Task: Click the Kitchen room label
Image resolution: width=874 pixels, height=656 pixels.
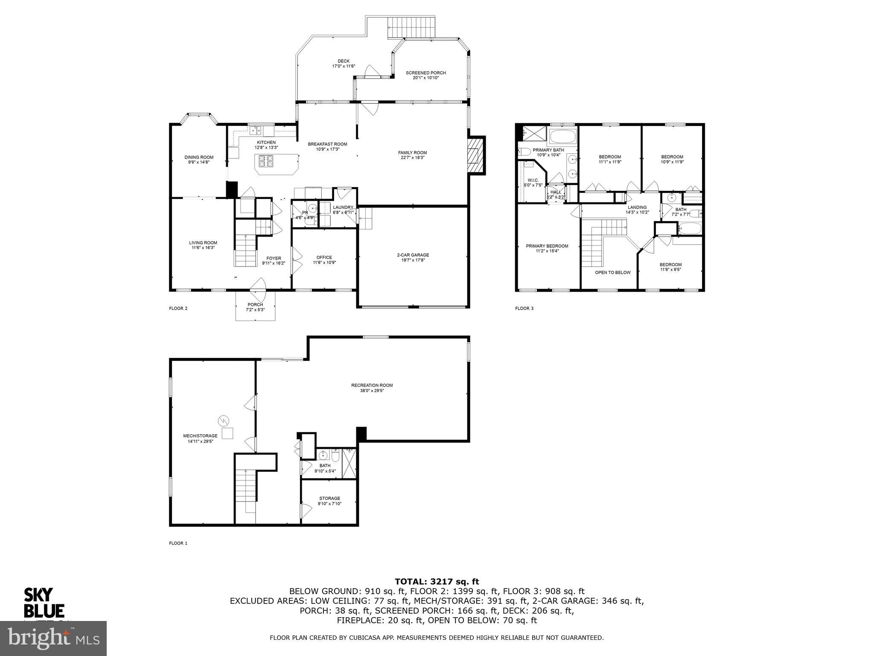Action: click(x=266, y=142)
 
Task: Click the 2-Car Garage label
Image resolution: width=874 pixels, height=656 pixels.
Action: click(x=413, y=255)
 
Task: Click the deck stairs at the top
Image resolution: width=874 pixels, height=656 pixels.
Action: click(x=411, y=28)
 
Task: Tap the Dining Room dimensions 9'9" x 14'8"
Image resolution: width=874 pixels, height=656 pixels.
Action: click(x=199, y=162)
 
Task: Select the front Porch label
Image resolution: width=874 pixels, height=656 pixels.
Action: click(x=255, y=305)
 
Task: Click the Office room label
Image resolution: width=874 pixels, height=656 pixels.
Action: click(x=324, y=258)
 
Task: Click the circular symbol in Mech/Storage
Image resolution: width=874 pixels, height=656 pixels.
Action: click(x=223, y=421)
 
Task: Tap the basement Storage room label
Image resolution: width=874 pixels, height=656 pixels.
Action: click(x=329, y=498)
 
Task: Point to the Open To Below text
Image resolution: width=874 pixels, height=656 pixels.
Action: click(x=612, y=272)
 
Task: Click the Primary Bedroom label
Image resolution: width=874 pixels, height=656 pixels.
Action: click(x=547, y=246)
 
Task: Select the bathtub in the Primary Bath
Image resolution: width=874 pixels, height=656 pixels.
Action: click(x=562, y=137)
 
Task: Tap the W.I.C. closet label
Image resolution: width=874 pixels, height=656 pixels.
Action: click(x=533, y=180)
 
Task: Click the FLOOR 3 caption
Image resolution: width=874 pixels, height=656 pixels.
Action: click(x=524, y=308)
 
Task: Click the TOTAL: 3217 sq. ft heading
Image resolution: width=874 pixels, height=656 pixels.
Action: click(x=437, y=581)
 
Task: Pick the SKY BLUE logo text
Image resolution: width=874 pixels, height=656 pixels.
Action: click(x=44, y=603)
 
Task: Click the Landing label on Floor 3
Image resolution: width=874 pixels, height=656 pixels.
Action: click(x=637, y=207)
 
